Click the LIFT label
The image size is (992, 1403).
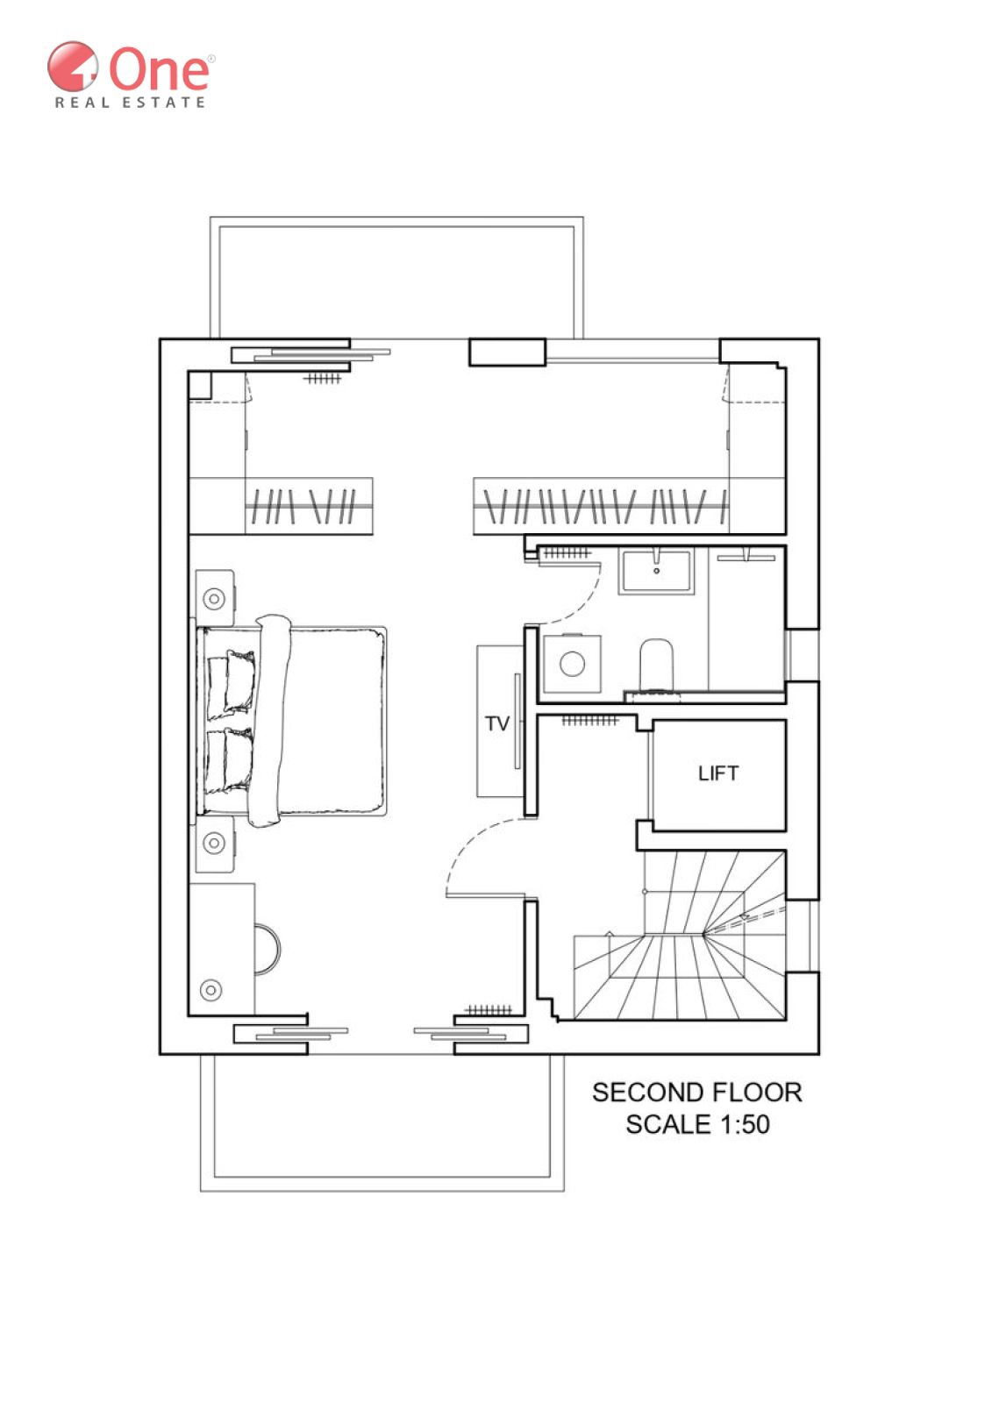718,773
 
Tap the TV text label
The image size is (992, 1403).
497,723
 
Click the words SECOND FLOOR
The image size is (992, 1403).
696,1093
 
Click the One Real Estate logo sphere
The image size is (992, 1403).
73,67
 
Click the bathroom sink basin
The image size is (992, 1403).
656,571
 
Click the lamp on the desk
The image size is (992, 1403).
211,990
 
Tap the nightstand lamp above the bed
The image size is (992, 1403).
214,599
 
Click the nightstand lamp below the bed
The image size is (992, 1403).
214,843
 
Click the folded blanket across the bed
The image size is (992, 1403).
271,721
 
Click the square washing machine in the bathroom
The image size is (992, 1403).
572,664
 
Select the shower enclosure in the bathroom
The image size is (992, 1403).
746,619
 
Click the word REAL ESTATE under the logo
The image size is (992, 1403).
131,102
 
